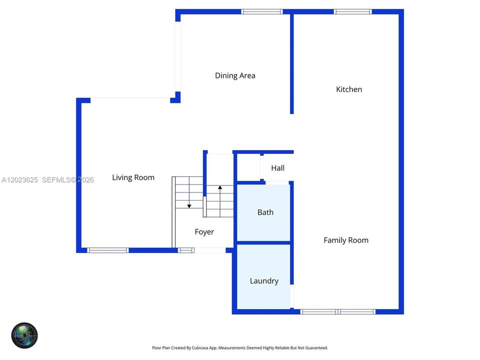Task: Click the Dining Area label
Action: point(235,75)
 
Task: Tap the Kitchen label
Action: point(349,89)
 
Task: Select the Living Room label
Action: point(133,177)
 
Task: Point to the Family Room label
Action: point(346,240)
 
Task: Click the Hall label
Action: point(277,168)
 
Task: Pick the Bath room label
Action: point(265,212)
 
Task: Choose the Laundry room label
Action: point(264,281)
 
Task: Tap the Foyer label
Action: point(204,232)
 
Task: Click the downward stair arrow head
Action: point(189,206)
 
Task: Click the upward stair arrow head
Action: point(220,187)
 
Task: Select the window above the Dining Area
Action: point(261,11)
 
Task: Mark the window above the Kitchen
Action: point(352,11)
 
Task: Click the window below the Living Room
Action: point(108,250)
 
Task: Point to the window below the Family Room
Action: point(337,311)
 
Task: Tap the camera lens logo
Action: point(24,335)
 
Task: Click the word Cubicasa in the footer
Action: point(200,348)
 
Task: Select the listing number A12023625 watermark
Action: point(20,180)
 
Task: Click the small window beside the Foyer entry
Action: point(186,250)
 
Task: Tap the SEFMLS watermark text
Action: point(56,180)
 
